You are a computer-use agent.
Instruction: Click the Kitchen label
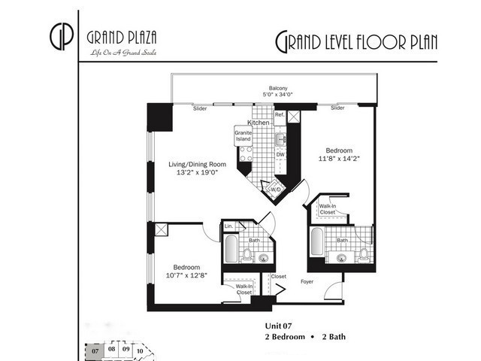[259, 122]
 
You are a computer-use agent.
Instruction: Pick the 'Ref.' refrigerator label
[279, 114]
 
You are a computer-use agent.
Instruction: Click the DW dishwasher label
[280, 154]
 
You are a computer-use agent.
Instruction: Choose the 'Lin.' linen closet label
[229, 226]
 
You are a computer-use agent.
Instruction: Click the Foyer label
[307, 283]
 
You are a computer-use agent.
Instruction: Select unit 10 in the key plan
[140, 350]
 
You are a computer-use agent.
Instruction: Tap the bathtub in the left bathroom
[230, 251]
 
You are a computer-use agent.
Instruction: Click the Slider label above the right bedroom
[337, 108]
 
